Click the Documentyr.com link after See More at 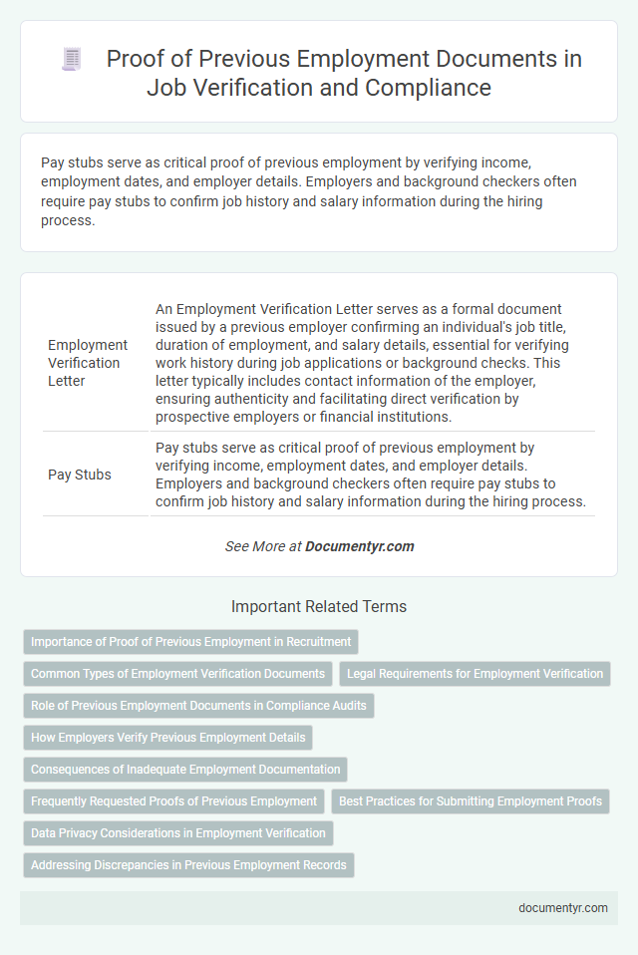point(359,546)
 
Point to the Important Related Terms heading point(319,606)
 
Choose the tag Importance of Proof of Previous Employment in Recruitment point(190,642)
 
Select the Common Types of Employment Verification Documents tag point(177,674)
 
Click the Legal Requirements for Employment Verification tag point(475,674)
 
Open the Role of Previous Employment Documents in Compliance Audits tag point(198,706)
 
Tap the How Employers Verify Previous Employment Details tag point(167,738)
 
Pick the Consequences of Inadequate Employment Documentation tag point(185,770)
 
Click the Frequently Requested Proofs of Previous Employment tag point(173,800)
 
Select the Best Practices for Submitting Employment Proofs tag point(470,800)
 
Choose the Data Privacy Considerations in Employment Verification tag point(178,832)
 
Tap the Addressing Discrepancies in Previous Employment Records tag point(188,864)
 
